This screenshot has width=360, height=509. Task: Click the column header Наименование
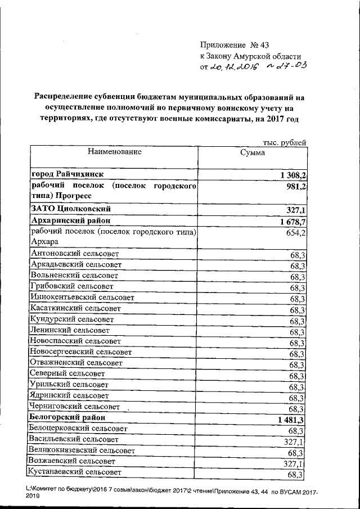[x=114, y=151]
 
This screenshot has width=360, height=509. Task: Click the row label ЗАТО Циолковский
[x=69, y=209]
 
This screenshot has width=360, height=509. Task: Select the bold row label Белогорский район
[x=70, y=418]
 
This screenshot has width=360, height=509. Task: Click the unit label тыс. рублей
[x=284, y=142]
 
